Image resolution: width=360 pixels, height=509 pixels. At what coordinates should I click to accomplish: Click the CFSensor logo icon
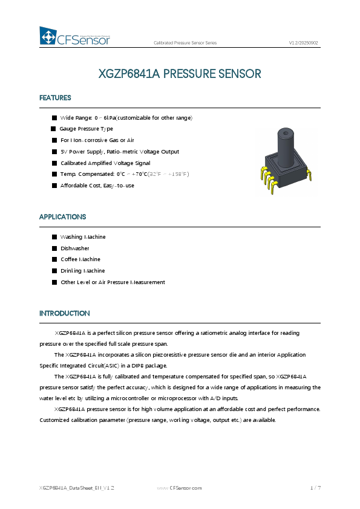click(48, 36)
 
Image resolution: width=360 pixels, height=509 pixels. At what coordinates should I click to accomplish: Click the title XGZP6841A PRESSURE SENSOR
click(180, 74)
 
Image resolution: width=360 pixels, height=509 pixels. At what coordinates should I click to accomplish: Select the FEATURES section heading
click(55, 98)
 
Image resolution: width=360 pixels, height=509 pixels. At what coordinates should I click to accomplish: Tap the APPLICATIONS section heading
click(62, 217)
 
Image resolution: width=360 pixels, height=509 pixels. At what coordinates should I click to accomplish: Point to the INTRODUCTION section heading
click(64, 314)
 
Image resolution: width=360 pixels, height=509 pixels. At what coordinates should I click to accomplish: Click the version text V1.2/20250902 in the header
click(303, 44)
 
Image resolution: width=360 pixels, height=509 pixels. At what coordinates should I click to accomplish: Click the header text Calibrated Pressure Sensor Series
click(185, 44)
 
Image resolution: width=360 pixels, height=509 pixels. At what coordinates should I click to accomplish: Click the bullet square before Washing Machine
click(54, 237)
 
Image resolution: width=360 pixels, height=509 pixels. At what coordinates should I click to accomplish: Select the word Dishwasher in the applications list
click(75, 248)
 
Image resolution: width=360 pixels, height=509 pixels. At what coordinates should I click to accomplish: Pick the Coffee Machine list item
click(80, 259)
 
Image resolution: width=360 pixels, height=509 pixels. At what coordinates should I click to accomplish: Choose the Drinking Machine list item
click(82, 271)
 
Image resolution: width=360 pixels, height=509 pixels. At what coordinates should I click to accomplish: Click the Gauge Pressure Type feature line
click(86, 129)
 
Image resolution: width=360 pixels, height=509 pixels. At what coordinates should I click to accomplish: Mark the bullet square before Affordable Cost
click(54, 186)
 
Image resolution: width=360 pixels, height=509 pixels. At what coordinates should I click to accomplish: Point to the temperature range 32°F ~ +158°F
click(169, 174)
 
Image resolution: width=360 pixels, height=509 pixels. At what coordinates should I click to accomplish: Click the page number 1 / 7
click(315, 487)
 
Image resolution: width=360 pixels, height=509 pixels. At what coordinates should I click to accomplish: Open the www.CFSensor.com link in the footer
click(180, 487)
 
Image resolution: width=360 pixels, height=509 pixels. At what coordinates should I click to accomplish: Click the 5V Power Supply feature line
click(120, 152)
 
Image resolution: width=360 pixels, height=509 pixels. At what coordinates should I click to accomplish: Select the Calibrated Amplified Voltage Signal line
click(105, 163)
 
